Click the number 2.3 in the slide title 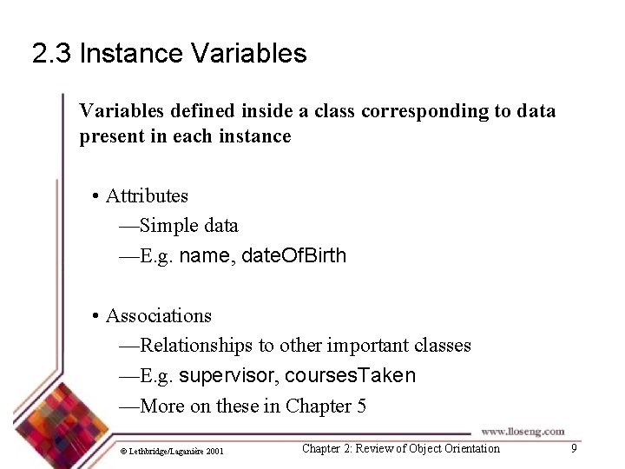51,54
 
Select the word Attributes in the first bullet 147,196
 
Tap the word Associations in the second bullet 158,316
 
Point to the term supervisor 228,376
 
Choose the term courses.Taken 350,376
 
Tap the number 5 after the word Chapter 361,406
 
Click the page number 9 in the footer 573,448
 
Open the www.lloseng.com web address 523,431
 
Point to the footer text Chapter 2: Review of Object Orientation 400,449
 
